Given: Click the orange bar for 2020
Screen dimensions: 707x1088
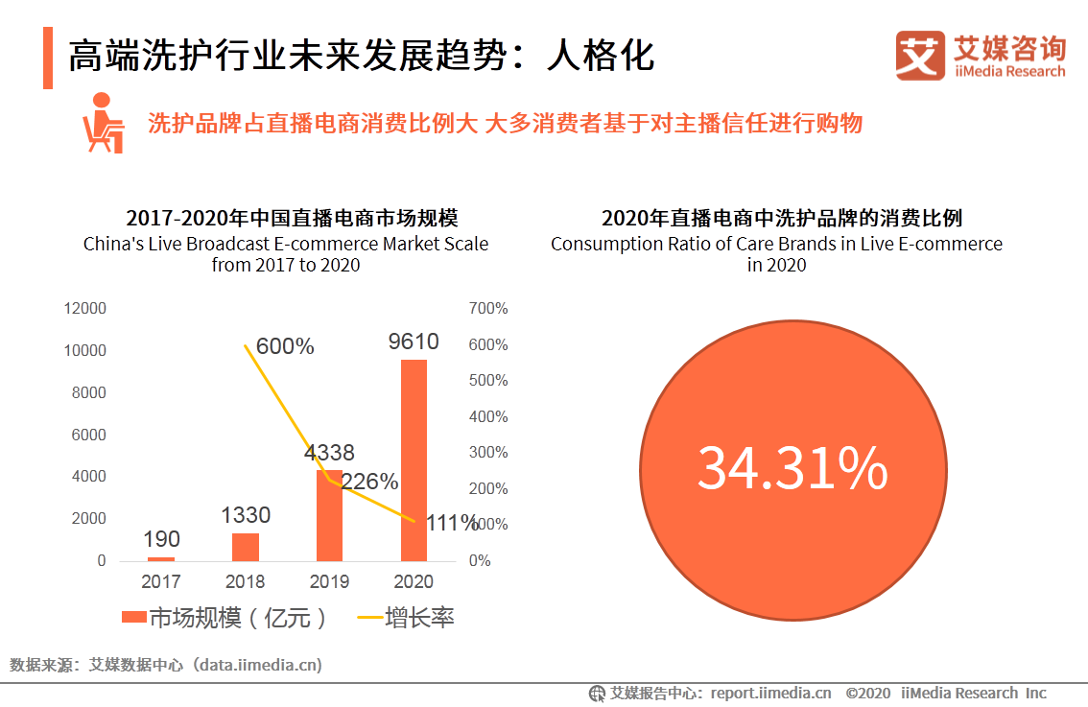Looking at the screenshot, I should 414,460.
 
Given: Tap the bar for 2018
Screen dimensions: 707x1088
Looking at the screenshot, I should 246,547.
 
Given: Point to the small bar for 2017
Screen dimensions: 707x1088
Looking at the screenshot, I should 161,558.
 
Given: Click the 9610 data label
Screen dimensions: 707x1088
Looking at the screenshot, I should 414,342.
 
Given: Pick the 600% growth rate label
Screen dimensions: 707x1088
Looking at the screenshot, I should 285,347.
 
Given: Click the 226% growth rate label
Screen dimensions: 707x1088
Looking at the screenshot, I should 369,482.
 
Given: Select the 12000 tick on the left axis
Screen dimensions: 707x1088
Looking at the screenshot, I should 84,309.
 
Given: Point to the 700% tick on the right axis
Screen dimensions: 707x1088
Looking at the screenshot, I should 488,309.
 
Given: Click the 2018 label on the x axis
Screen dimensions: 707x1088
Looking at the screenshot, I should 246,581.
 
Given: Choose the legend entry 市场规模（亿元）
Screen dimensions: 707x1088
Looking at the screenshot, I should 225,617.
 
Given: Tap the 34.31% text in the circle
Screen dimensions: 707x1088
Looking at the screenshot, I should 792,468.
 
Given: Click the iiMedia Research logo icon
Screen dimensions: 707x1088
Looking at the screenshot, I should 920,55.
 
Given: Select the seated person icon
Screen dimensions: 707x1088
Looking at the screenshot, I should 102,123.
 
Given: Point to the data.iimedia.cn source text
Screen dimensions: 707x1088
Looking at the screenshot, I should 258,664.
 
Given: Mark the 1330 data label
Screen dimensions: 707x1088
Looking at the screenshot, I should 246,515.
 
